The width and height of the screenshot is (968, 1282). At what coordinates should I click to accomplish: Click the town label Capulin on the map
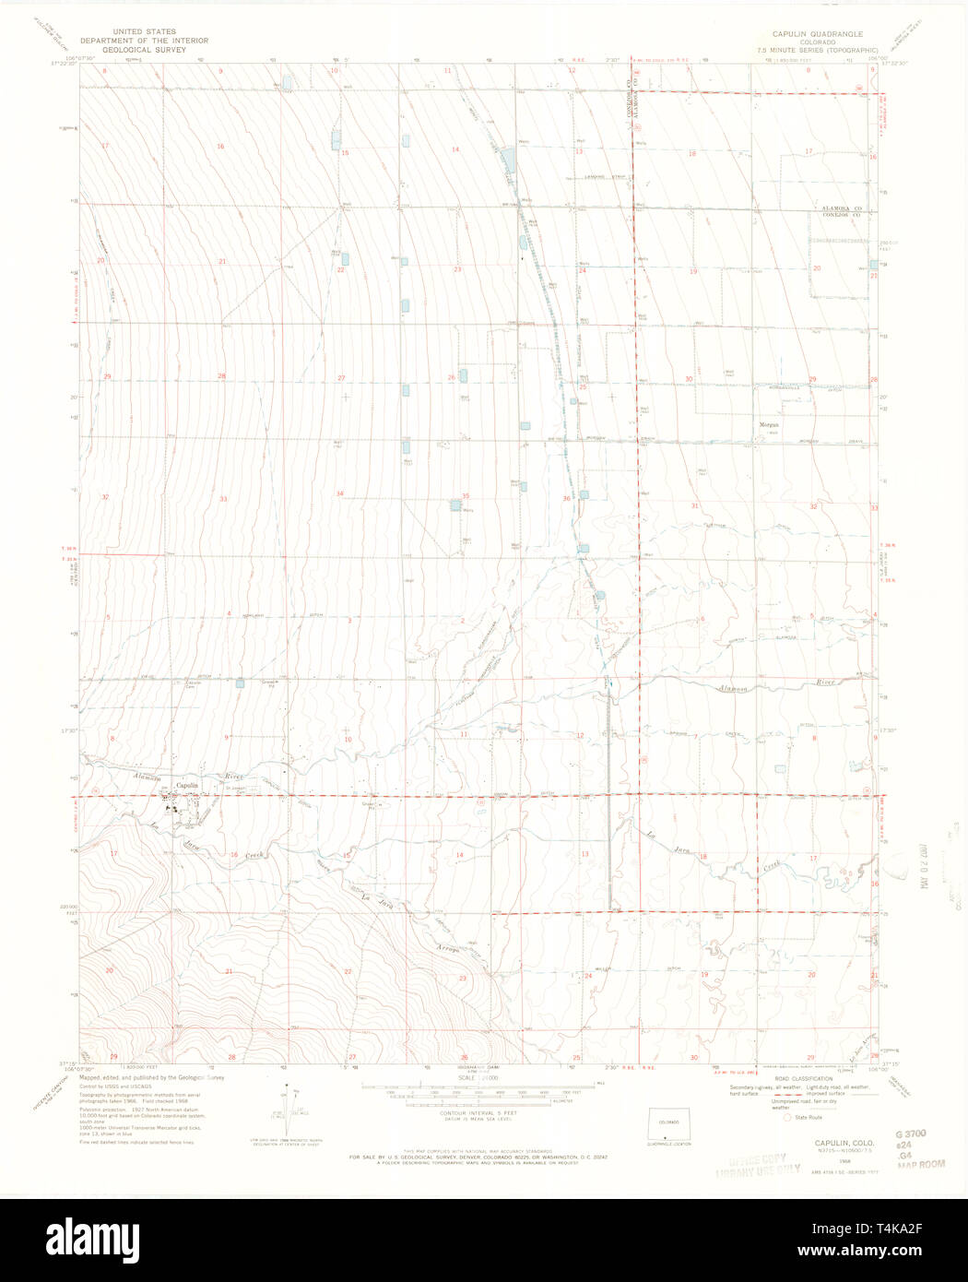[x=187, y=786]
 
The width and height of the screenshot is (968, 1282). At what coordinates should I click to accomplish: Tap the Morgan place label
[x=769, y=425]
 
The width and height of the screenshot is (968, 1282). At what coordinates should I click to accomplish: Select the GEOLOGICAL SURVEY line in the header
[x=144, y=50]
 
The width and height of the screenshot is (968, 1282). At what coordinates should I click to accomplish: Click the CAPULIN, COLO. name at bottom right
[x=844, y=1142]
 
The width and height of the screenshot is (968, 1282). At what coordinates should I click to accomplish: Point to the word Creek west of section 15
[x=254, y=855]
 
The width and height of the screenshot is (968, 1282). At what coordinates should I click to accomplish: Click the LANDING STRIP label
[x=598, y=177]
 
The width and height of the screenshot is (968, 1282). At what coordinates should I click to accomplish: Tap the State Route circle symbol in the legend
[x=786, y=1117]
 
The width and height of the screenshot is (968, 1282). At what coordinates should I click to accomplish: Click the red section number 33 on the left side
[x=223, y=499]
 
